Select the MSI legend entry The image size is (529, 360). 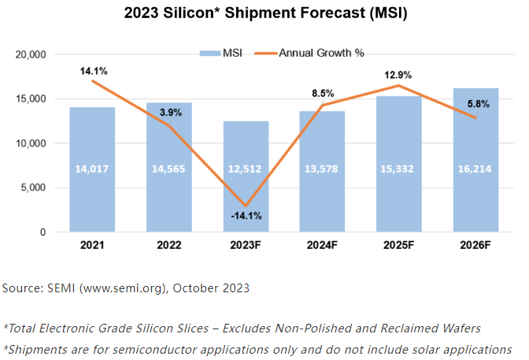pos(224,53)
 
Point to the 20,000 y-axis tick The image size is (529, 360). pos(32,55)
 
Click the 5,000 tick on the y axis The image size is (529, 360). pos(35,188)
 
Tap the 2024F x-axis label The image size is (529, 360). pos(323,247)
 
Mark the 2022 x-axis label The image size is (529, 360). pos(168,247)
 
